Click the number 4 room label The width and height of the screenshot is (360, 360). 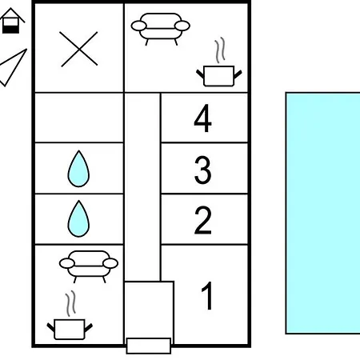[203, 118]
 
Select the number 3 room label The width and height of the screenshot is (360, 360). [203, 170]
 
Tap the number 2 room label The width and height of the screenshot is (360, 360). [203, 220]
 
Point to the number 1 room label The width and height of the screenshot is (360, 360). [207, 295]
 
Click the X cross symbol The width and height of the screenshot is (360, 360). [78, 49]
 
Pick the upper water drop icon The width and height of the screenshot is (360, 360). [78, 169]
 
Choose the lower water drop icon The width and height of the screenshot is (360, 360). [78, 218]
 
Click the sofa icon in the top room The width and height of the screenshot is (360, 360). [161, 28]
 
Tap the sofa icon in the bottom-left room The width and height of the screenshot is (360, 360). [89, 266]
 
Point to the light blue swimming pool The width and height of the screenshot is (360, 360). [322, 213]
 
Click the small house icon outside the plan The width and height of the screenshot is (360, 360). [11, 21]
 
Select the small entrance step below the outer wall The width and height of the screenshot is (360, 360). [149, 346]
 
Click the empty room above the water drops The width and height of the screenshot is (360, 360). [79, 118]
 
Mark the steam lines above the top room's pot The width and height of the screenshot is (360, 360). [220, 50]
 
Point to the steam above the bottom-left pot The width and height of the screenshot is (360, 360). [70, 303]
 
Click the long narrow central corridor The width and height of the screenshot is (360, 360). [142, 186]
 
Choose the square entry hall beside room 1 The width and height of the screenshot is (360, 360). [150, 310]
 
